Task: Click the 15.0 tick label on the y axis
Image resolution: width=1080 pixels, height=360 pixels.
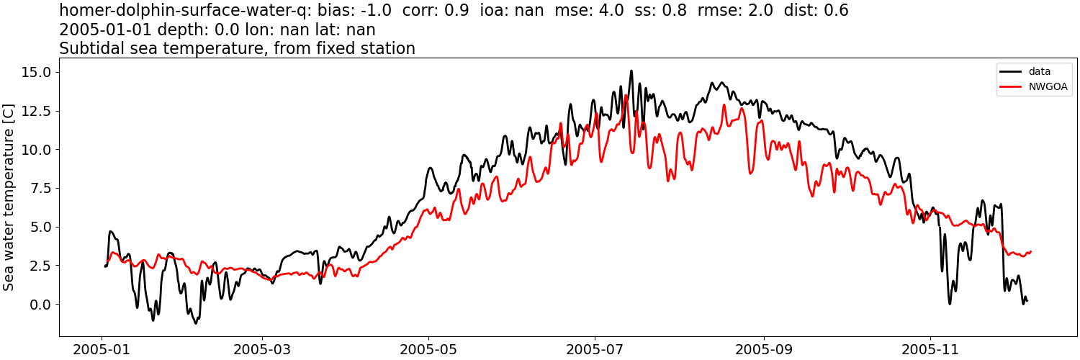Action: (36, 72)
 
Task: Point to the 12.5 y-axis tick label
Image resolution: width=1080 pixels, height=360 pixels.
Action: (36, 111)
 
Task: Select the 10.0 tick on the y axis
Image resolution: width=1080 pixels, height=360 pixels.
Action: (36, 150)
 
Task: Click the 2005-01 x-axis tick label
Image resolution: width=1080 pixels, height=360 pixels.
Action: (102, 350)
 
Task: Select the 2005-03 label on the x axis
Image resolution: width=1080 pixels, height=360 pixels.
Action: (263, 350)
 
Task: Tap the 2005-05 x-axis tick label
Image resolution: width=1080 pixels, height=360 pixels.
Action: (429, 350)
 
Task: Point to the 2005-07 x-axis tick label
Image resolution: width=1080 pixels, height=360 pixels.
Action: (595, 350)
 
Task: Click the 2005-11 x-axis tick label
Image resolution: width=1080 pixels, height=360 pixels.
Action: (930, 350)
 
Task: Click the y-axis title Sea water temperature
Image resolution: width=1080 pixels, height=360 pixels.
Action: (9, 196)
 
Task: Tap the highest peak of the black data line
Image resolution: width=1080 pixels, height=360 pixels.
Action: (631, 71)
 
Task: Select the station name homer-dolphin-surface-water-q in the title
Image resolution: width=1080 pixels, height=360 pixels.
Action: (186, 11)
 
